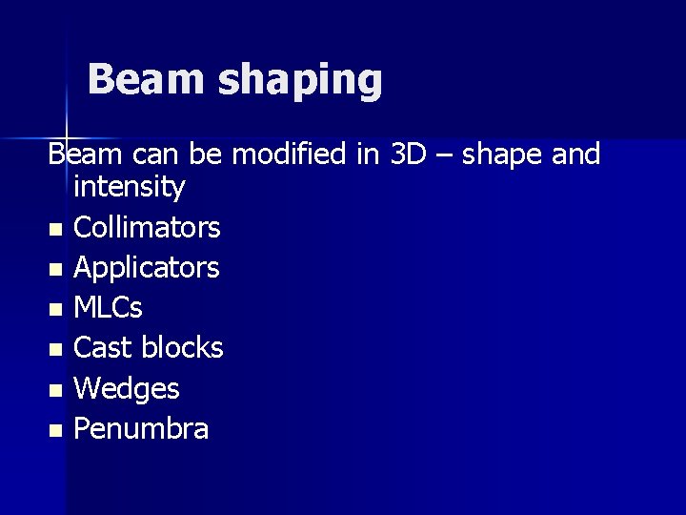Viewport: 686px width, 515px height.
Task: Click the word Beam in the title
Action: coord(145,79)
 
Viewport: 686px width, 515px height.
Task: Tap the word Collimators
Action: coord(147,228)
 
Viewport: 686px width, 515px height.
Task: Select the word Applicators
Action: coord(147,269)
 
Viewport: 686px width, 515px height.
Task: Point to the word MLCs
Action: coord(109,308)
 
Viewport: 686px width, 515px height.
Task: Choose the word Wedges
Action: coord(126,389)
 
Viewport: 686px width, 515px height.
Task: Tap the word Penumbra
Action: coord(141,429)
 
